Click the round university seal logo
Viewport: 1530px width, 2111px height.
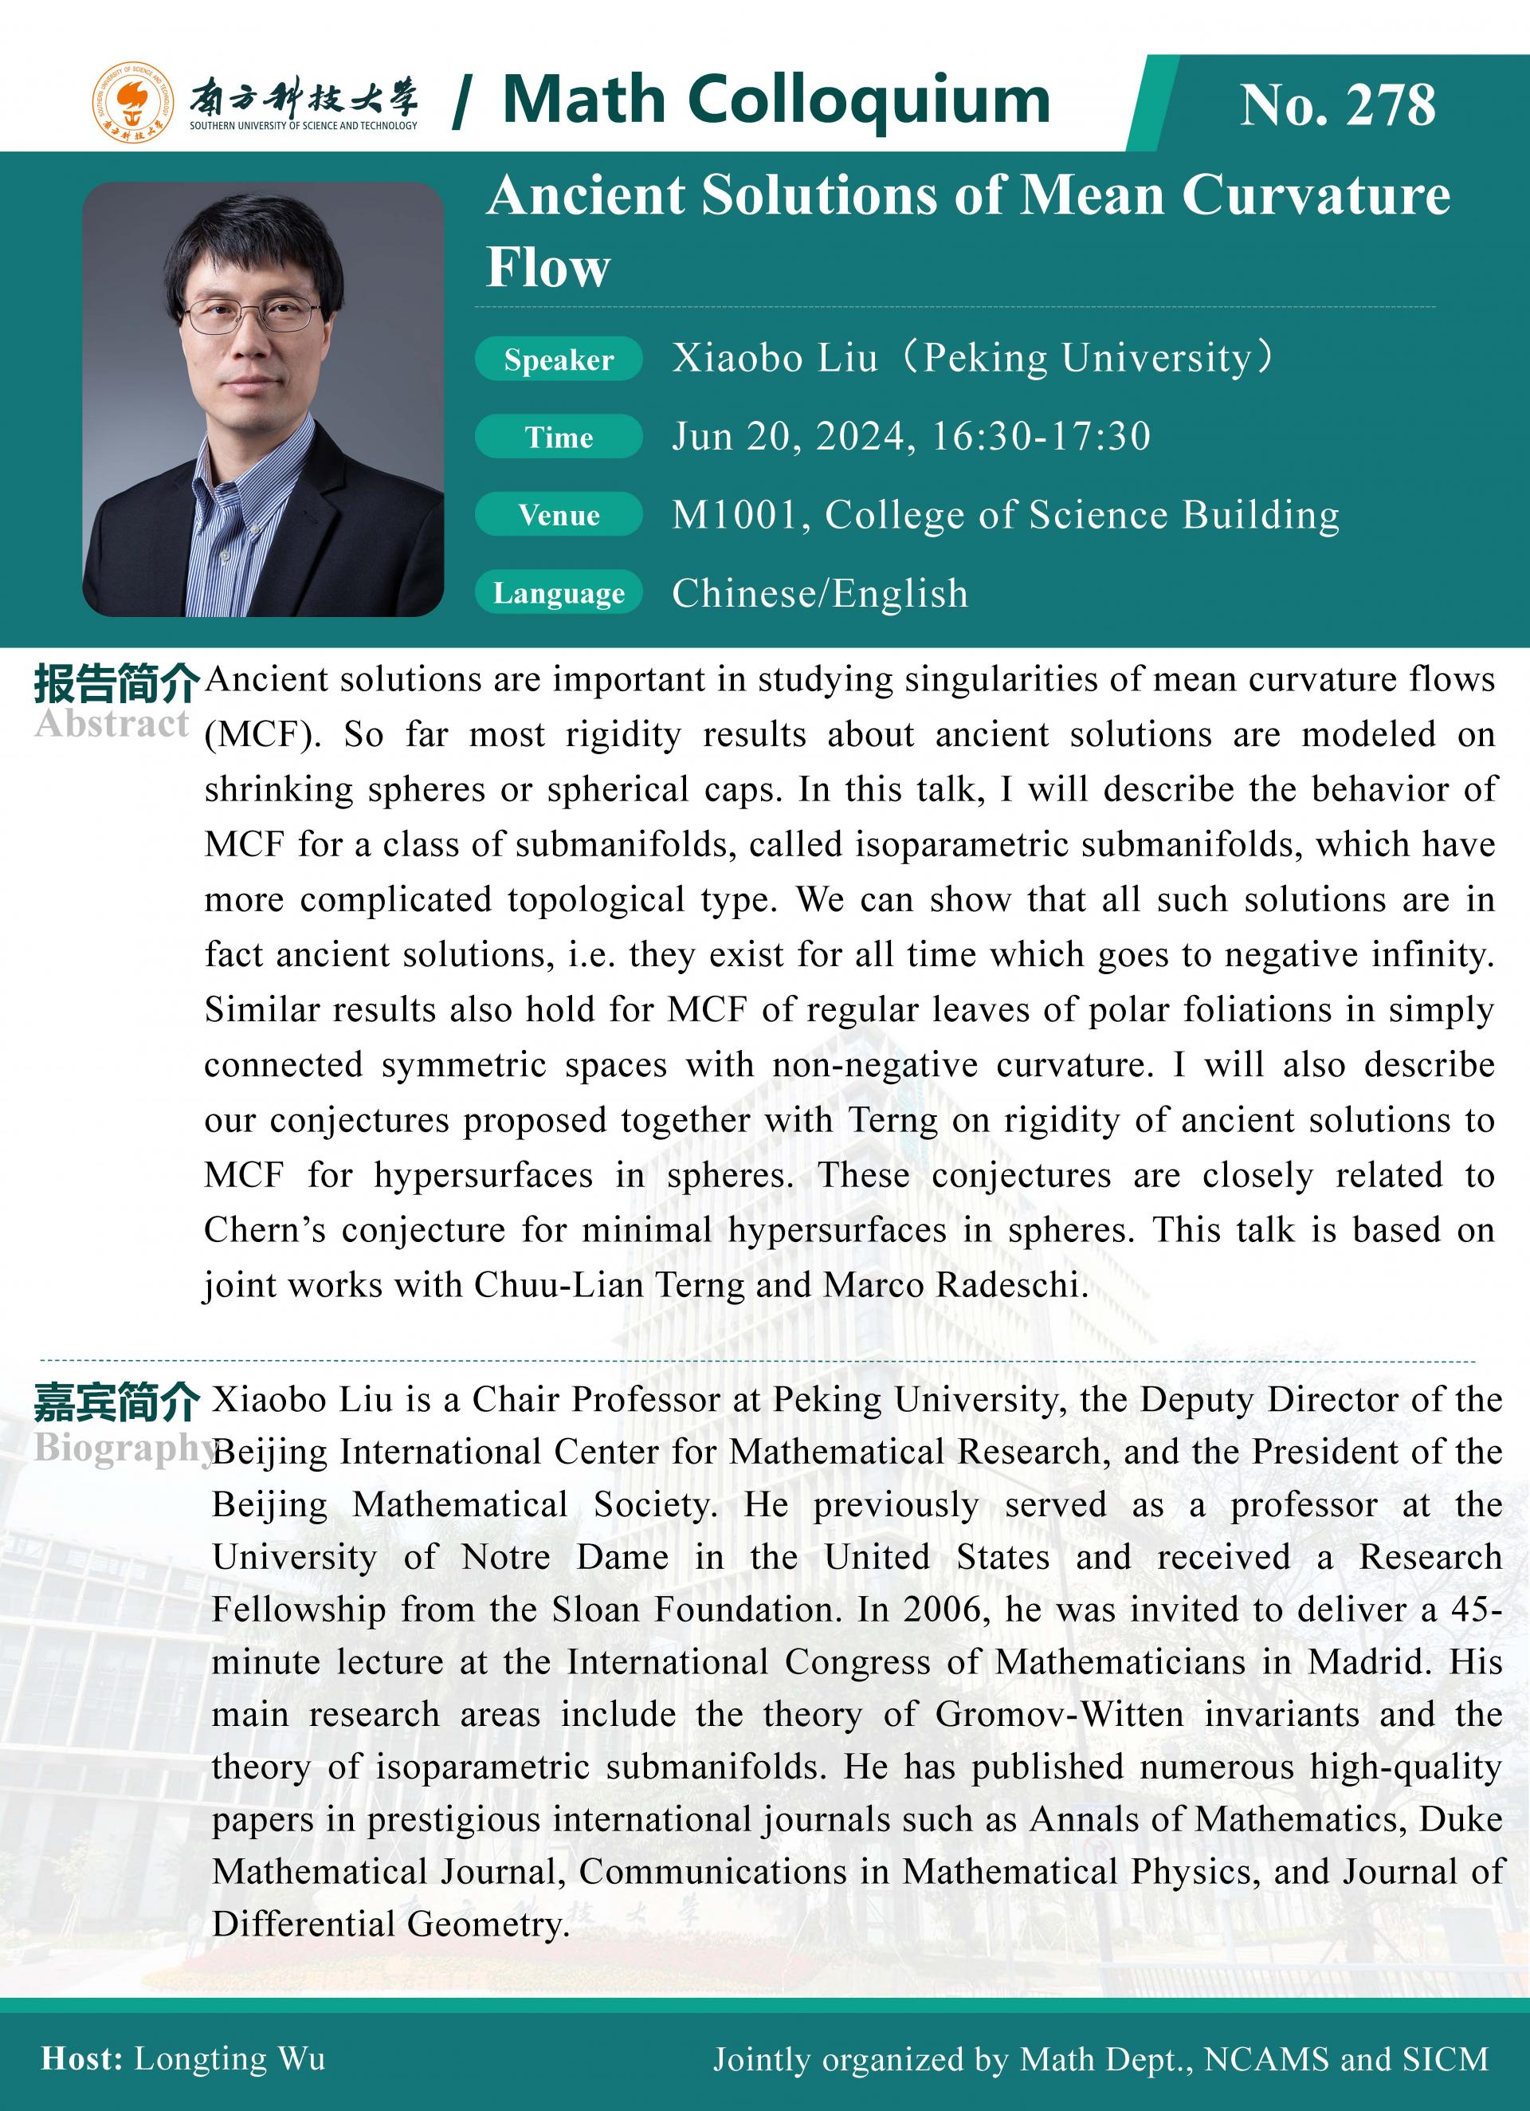click(x=132, y=102)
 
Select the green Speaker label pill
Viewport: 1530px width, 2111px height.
click(x=559, y=360)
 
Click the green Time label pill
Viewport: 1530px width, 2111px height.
click(x=559, y=438)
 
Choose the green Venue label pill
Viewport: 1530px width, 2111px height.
click(x=559, y=515)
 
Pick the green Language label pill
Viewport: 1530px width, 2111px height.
click(x=559, y=593)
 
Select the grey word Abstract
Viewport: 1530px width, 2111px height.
click(x=112, y=723)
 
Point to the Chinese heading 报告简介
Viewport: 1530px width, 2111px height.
click(x=116, y=684)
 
